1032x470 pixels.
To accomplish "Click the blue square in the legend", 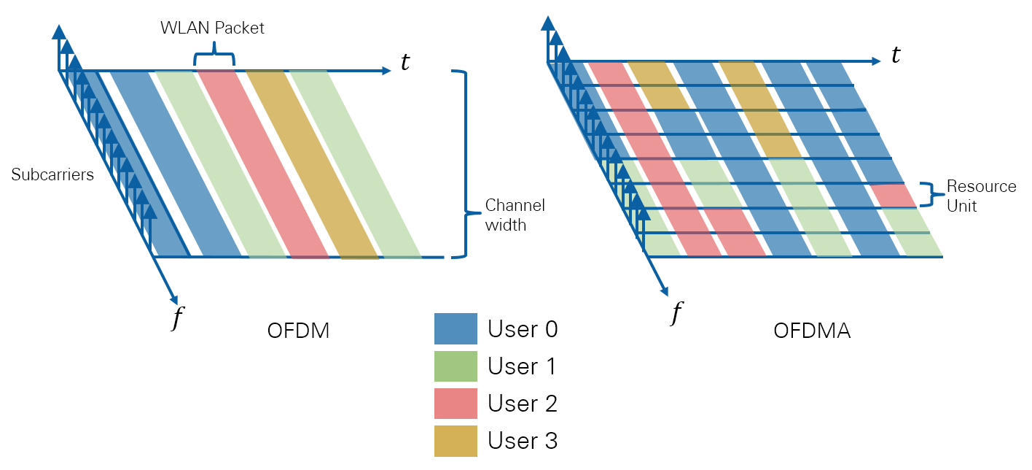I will [x=456, y=328].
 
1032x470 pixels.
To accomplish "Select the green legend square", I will [x=456, y=366].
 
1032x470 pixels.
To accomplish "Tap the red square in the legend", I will [x=456, y=404].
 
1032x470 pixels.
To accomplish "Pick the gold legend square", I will [x=456, y=441].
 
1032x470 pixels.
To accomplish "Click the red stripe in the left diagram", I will [x=262, y=164].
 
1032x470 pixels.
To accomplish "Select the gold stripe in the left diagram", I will [x=312, y=164].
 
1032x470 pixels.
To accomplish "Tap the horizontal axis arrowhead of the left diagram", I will [x=387, y=71].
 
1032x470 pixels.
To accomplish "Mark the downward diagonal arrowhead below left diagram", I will [x=173, y=299].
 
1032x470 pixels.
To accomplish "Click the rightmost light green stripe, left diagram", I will [x=357, y=164].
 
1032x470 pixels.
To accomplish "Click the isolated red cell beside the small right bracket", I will [x=894, y=195].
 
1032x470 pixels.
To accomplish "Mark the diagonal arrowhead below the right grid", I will [x=664, y=292].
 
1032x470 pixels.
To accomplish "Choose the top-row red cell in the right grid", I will [x=610, y=73].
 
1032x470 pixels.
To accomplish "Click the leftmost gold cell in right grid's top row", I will [x=653, y=73].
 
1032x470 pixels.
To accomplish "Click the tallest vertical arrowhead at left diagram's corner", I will [x=59, y=31].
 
